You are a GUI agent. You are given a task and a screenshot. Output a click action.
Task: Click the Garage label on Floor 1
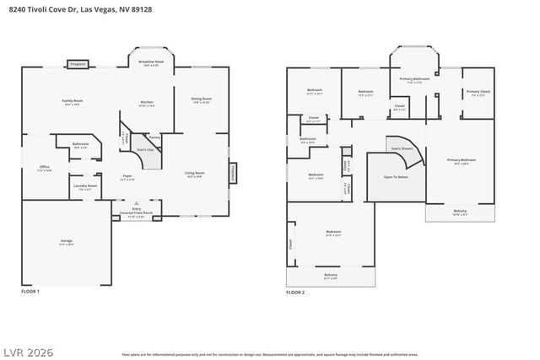click(66, 242)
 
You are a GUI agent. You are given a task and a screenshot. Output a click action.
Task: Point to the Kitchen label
click(147, 104)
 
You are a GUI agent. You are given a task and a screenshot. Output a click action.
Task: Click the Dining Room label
click(201, 99)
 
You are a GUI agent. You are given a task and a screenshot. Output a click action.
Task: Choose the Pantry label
click(154, 136)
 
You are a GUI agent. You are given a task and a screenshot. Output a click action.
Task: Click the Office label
click(44, 168)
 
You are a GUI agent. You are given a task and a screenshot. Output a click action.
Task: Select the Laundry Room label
click(85, 187)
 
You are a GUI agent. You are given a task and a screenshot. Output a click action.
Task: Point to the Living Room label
click(195, 175)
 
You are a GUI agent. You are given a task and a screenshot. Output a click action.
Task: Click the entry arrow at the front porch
click(137, 203)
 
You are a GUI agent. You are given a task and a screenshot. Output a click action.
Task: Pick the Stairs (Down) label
click(402, 148)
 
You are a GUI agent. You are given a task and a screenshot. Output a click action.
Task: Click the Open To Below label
click(396, 177)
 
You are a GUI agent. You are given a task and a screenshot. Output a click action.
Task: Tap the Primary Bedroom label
click(461, 160)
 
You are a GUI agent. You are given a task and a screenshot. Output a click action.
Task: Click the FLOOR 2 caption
click(294, 292)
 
